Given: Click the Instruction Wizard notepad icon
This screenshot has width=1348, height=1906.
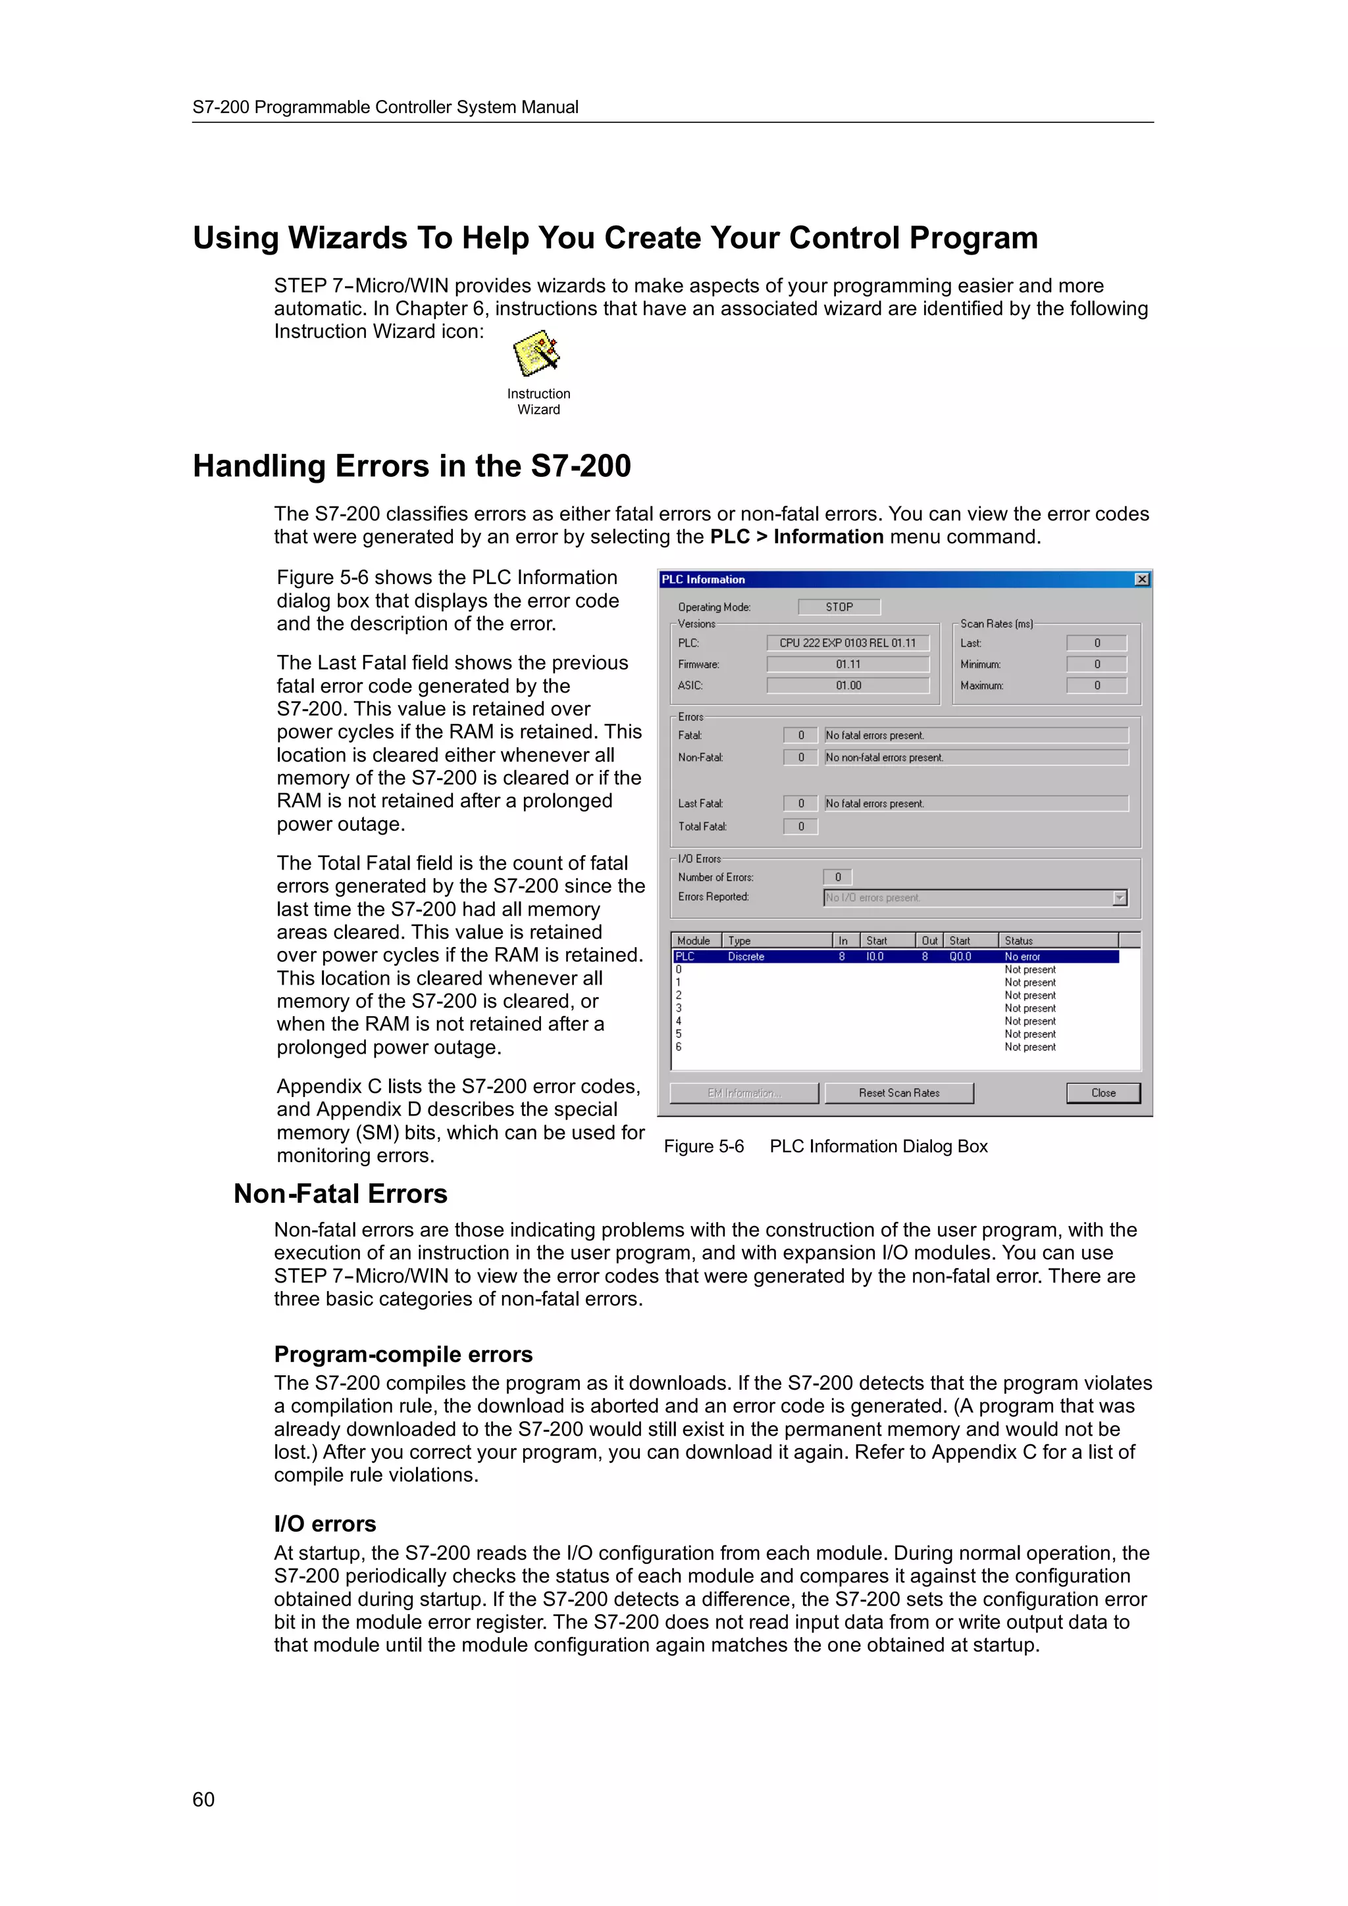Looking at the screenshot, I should [x=536, y=354].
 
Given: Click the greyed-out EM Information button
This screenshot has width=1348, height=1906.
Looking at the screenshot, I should [x=743, y=1093].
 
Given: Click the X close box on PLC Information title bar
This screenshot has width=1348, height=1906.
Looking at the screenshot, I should [x=1141, y=579].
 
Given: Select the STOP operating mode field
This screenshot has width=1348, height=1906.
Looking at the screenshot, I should [x=838, y=607].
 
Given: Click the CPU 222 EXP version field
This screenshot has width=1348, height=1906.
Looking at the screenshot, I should [x=847, y=643].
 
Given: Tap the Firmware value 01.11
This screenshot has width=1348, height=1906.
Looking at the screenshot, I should [x=847, y=664].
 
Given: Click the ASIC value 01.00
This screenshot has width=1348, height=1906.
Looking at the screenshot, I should [x=847, y=686].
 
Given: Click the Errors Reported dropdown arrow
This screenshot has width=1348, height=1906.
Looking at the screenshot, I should [x=1119, y=897].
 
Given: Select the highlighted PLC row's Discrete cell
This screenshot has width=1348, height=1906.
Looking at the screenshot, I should [x=746, y=956].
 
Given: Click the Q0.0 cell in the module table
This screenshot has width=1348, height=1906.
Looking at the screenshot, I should [x=960, y=956].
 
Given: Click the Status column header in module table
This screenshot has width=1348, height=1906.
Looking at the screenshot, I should [x=1018, y=941].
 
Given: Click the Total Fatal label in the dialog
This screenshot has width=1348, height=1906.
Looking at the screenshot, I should [x=702, y=826].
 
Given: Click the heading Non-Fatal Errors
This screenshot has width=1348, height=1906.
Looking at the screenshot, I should [x=340, y=1194].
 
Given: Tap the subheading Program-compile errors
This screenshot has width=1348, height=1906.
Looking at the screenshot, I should [x=403, y=1354].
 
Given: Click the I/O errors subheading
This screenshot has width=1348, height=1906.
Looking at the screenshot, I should [x=324, y=1523].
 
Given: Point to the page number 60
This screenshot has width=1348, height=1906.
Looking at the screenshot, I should [x=203, y=1799].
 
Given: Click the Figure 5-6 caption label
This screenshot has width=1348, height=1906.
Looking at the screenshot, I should [x=704, y=1146].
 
